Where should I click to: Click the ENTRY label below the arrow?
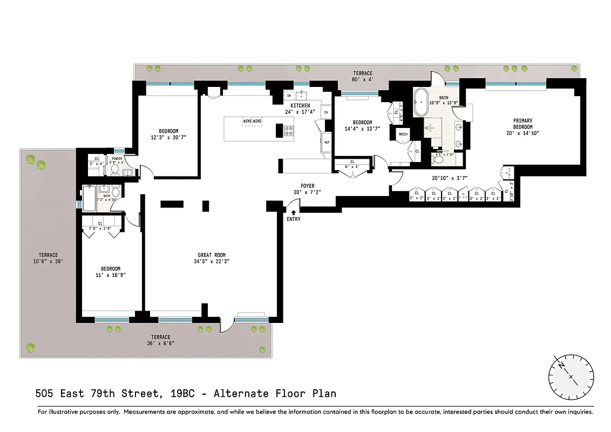point(294,219)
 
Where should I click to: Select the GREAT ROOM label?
point(211,255)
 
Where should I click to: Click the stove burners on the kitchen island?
point(289,130)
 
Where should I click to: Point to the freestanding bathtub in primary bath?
point(420,104)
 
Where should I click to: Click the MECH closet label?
point(403,134)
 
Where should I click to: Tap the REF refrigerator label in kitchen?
point(327,143)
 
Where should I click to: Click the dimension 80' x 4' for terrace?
point(363,79)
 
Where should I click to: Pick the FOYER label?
point(308,186)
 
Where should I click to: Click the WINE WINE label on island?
point(253,121)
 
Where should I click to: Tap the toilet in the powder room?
point(115,170)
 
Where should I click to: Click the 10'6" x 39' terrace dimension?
point(48,261)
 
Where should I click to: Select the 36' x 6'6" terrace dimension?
point(160,343)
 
